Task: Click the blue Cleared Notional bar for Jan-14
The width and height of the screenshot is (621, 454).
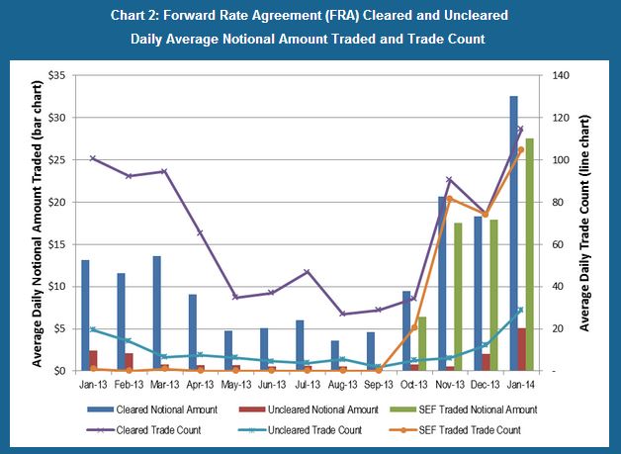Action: tap(513, 233)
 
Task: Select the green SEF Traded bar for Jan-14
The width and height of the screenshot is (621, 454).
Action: tap(531, 254)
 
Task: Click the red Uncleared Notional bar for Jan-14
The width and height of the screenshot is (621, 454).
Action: tap(522, 349)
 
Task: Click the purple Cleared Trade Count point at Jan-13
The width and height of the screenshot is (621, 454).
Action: tap(93, 158)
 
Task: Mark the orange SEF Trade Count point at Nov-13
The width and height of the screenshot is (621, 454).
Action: tap(450, 199)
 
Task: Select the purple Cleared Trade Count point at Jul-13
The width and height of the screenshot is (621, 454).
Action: tap(307, 272)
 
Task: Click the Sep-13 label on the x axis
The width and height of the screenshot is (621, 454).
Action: tap(379, 383)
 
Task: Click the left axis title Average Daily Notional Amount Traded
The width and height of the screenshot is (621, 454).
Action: tap(36, 224)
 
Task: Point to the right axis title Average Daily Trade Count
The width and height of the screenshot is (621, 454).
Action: tap(588, 224)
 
